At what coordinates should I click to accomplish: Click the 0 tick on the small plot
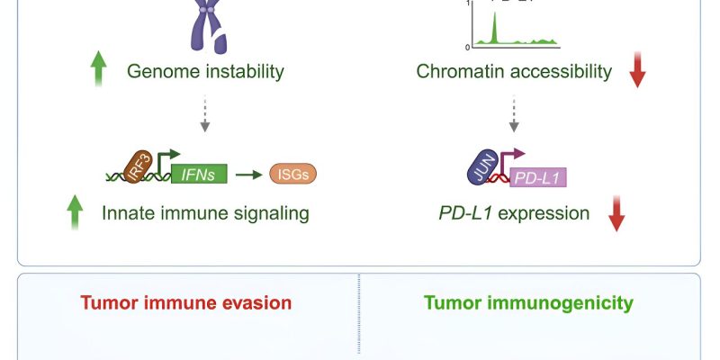coord(467,47)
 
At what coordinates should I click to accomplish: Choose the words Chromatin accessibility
coord(514,71)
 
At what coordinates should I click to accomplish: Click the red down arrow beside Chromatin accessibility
coord(638,71)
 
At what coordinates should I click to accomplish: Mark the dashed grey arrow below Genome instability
coord(206,114)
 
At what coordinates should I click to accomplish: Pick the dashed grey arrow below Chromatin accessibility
coord(514,114)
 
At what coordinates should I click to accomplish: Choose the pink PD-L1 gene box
coord(537,177)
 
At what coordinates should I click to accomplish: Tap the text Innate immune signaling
coord(205,214)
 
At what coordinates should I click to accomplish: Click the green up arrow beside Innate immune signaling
coord(75,213)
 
